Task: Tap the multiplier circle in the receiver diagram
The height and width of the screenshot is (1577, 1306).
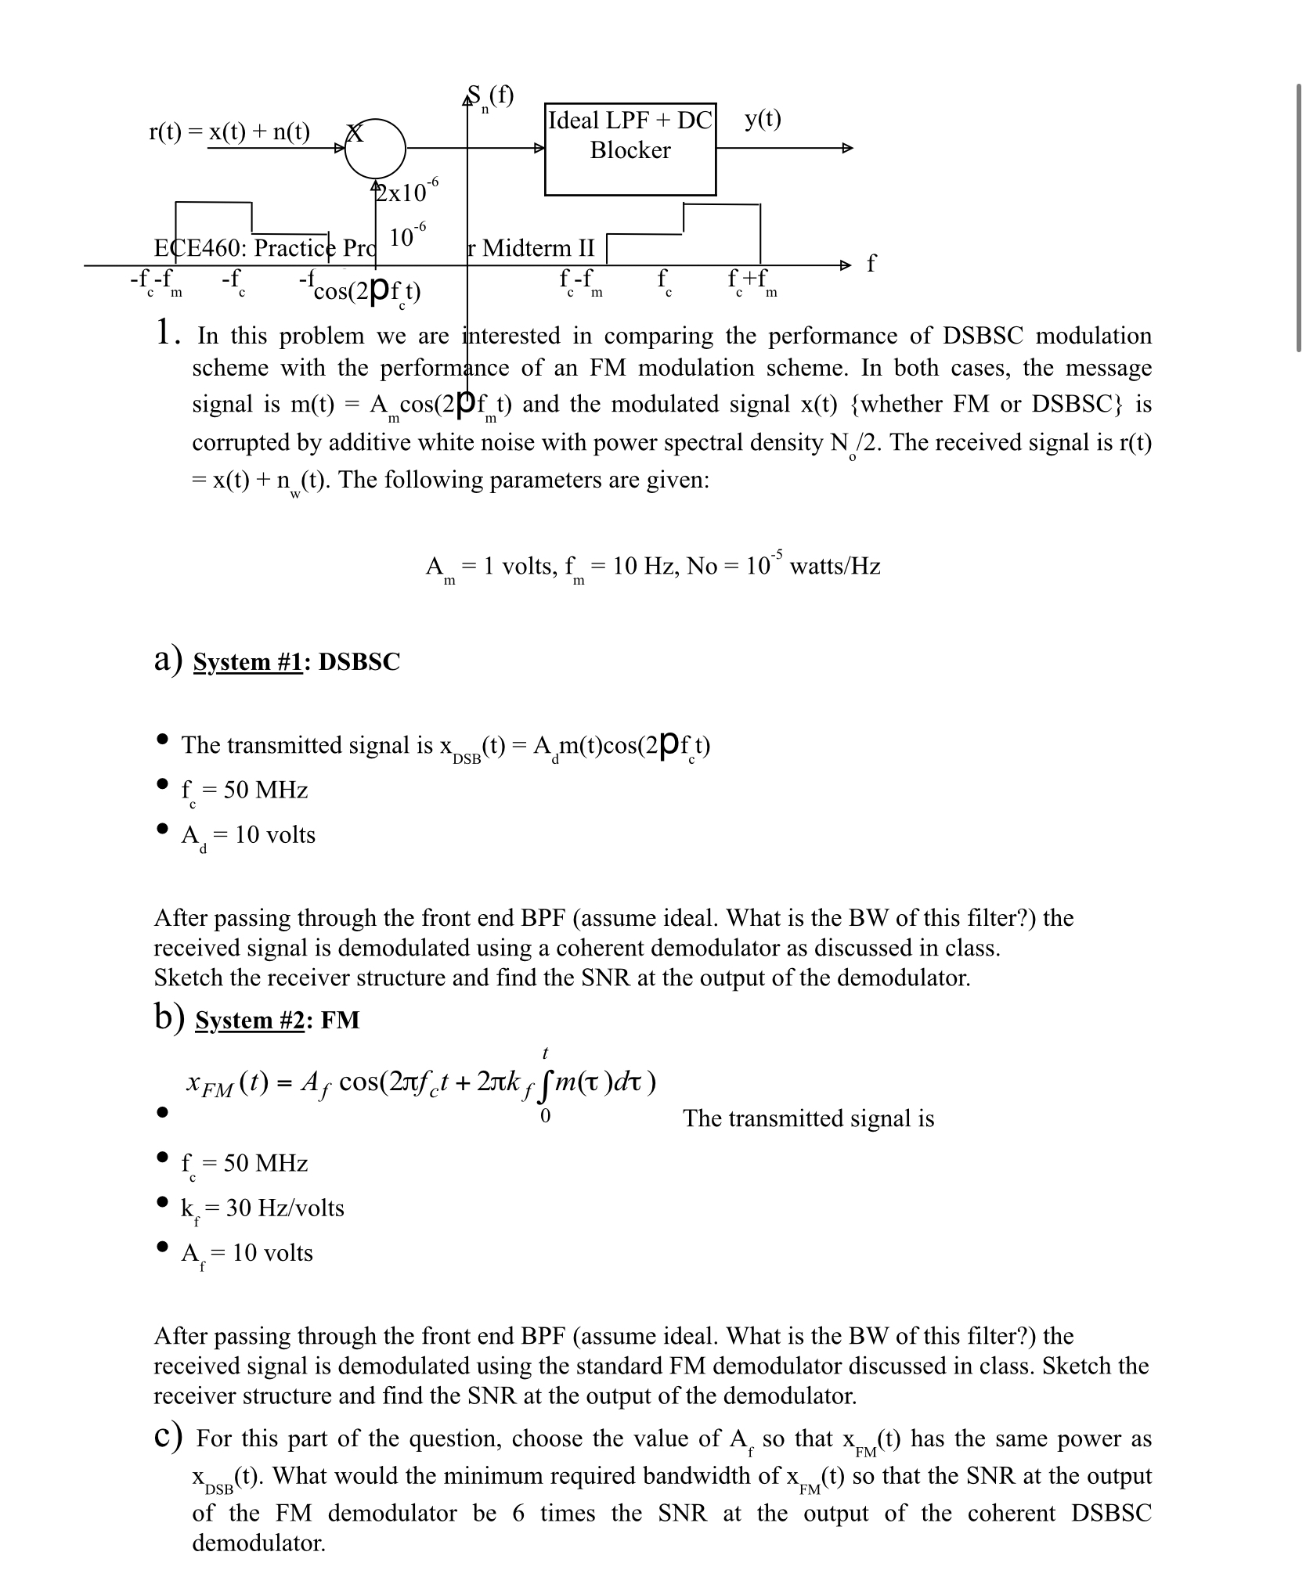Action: [x=375, y=149]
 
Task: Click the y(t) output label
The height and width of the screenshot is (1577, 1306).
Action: [x=763, y=119]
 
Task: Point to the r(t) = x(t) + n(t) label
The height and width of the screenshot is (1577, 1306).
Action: [x=229, y=131]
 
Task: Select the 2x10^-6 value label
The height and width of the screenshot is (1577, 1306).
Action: [x=408, y=190]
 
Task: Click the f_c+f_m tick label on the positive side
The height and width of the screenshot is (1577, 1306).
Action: [x=750, y=280]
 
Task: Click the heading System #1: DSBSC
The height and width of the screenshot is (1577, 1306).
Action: [x=296, y=661]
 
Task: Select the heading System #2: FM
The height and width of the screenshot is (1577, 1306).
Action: [x=277, y=1020]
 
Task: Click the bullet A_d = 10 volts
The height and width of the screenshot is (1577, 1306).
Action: [x=248, y=836]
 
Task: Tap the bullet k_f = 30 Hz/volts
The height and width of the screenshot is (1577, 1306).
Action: [x=262, y=1208]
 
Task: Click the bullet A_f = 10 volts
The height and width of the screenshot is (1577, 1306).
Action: [x=247, y=1253]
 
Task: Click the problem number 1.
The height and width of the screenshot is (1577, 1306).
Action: [x=163, y=333]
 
